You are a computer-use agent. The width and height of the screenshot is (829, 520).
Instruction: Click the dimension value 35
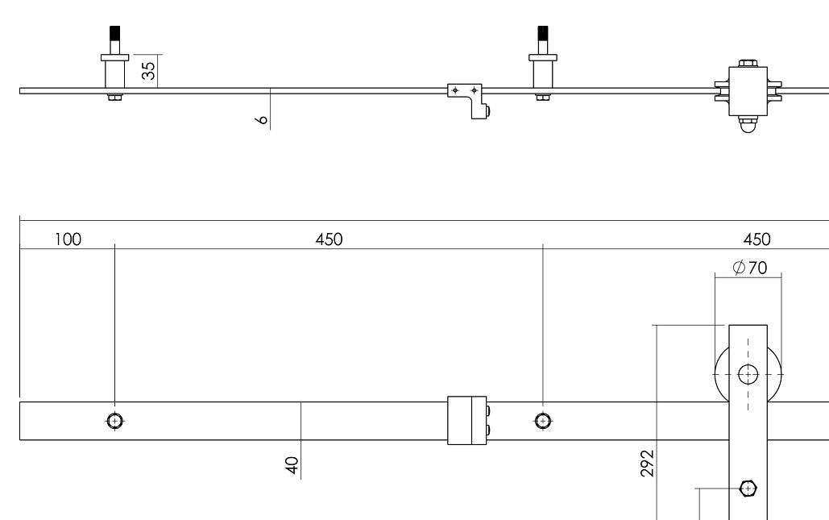148,71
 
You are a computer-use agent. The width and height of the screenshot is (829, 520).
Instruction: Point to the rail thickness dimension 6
261,119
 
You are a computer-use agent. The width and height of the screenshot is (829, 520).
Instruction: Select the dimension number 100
68,239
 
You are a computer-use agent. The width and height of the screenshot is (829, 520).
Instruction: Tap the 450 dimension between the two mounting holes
330,239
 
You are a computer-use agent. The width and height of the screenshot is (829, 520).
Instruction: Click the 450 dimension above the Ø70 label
757,239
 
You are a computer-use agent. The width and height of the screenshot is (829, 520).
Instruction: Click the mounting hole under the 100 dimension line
114,420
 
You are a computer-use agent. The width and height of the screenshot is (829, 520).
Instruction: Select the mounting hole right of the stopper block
543,420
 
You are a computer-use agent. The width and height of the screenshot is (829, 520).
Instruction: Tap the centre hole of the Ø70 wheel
748,374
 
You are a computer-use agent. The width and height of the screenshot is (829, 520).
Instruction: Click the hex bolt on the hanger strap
748,488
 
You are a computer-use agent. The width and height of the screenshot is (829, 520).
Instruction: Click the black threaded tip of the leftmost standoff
114,33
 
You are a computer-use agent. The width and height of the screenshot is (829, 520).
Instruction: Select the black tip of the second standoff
543,33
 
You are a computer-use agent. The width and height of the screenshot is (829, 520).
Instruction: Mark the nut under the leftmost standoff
114,98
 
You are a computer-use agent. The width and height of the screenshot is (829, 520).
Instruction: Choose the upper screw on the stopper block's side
489,411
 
